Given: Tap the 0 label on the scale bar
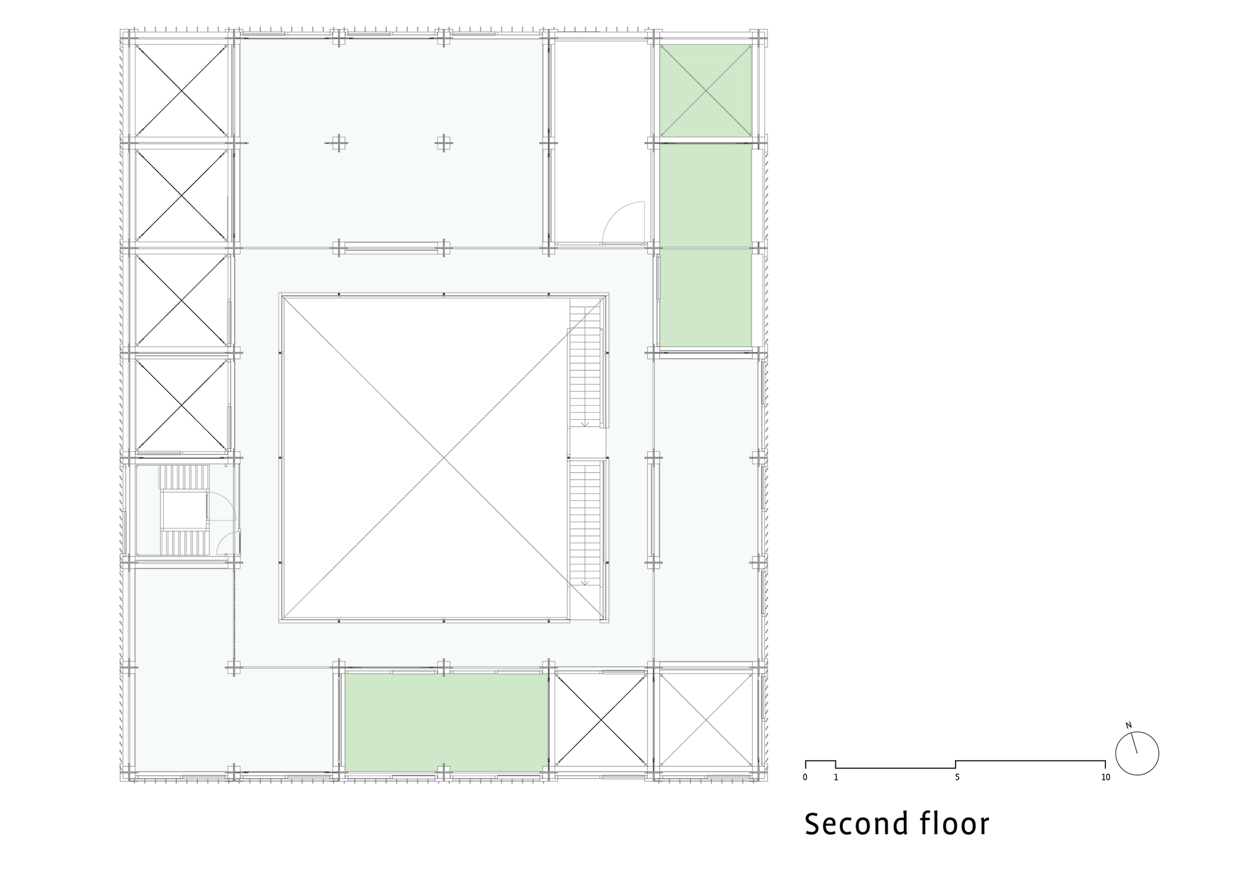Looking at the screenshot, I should click(x=805, y=777).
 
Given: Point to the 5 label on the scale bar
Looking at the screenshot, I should click(x=957, y=777).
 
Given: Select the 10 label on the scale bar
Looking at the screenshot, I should click(x=1105, y=777).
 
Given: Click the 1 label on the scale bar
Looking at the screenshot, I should click(x=836, y=777).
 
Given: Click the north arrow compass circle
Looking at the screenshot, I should click(x=1137, y=753).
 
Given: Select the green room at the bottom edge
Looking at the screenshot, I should click(x=446, y=723).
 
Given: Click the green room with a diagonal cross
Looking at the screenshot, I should click(x=705, y=90).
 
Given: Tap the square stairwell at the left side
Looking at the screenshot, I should click(x=183, y=511).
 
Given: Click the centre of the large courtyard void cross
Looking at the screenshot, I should click(x=444, y=458).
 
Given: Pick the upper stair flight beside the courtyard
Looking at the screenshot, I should click(x=585, y=365).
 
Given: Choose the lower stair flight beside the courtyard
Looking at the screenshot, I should click(x=585, y=522).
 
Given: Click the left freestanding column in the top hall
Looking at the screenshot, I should click(x=339, y=143).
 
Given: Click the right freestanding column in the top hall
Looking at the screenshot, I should click(x=444, y=143).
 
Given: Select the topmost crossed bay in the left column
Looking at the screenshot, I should click(x=181, y=90).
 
